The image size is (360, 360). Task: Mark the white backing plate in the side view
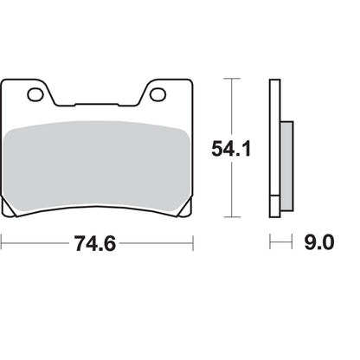point(274,147)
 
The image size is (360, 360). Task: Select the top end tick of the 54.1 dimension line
point(230,79)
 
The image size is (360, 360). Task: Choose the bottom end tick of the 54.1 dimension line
point(230,217)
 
